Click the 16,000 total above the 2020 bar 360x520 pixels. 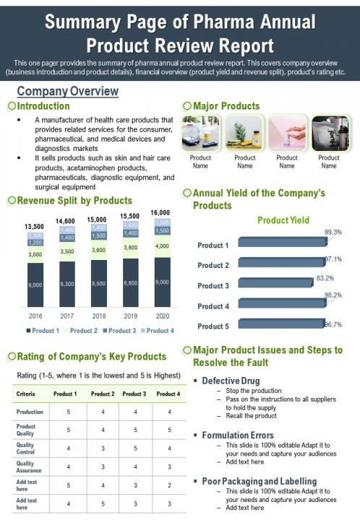point(160,212)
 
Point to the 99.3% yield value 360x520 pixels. point(333,232)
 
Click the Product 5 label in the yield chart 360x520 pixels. point(213,326)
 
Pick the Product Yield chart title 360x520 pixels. point(283,220)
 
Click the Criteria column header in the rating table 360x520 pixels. point(26,394)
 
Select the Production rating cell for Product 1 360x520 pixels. point(68,412)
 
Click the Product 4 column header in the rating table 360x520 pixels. point(168,394)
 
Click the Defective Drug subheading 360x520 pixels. point(231,380)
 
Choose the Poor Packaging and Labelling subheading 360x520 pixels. point(259,480)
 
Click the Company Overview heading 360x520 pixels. point(67,91)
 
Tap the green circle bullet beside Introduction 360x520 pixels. point(11,106)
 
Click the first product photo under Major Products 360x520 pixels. point(200,133)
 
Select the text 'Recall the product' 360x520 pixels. point(251,415)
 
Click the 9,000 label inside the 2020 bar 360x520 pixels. point(161,282)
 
